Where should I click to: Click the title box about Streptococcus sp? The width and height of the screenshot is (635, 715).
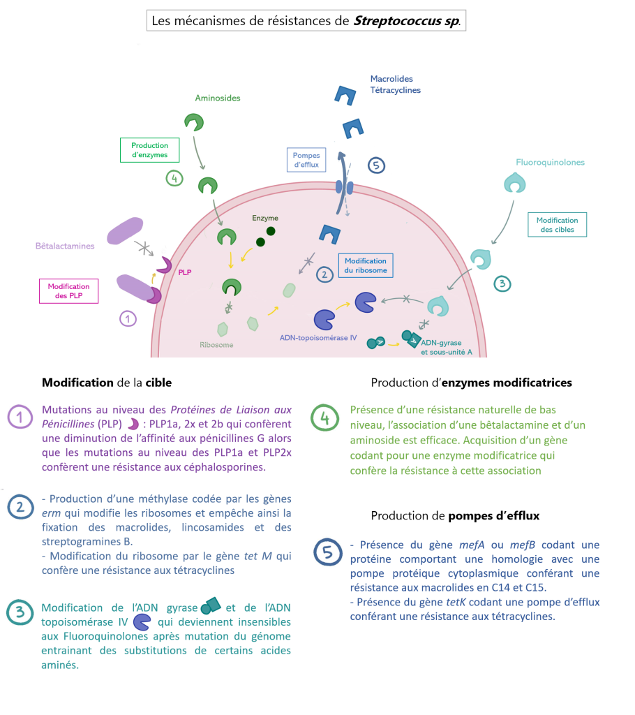(x=306, y=21)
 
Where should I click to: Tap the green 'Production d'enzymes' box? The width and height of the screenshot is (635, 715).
(x=149, y=150)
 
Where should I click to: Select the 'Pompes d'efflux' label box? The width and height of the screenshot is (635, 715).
(x=306, y=159)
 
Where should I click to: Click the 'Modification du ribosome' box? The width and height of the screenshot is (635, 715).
(x=365, y=265)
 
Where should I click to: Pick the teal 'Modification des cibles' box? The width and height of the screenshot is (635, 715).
(x=557, y=224)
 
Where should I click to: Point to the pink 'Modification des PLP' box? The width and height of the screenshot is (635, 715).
(x=68, y=291)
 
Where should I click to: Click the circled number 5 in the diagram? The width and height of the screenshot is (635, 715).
(x=376, y=165)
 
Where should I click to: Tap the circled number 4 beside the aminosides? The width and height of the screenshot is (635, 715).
(x=174, y=178)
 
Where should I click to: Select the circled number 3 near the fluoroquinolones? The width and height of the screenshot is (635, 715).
(x=502, y=283)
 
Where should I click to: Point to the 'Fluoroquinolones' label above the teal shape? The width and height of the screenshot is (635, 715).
(x=550, y=162)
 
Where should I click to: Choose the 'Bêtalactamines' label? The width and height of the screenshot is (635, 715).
(x=66, y=246)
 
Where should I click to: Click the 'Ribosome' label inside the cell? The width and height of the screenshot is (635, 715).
(x=216, y=345)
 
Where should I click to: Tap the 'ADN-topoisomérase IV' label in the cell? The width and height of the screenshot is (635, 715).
(x=318, y=338)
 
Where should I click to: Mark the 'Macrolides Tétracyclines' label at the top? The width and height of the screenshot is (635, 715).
(x=395, y=84)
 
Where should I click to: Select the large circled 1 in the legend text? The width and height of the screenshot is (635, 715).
(x=20, y=418)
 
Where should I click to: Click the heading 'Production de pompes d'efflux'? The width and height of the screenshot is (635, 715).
(x=455, y=516)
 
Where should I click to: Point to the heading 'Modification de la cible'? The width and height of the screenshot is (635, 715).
(x=107, y=383)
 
